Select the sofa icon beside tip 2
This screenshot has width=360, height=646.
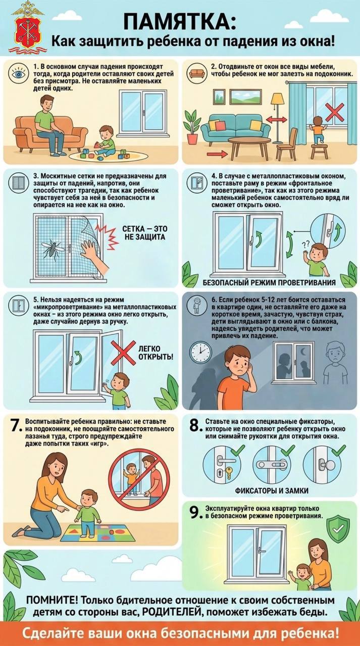coord(196,73)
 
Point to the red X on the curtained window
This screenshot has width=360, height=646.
coord(335,112)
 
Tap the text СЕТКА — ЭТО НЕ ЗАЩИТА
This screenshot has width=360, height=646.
coord(145,233)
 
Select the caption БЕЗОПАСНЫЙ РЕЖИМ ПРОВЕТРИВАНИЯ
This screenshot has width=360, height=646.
coord(269,282)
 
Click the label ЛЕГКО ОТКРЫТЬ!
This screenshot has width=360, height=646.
coord(156,353)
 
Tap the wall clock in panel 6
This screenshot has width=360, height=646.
coord(200,352)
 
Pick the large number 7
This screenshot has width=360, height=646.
coord(16,426)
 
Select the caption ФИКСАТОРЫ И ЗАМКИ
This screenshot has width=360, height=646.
coord(272,490)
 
